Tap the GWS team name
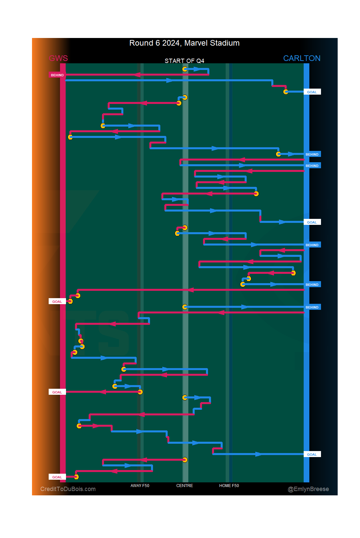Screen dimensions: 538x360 tap(58, 58)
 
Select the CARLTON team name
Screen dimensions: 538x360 tap(302, 58)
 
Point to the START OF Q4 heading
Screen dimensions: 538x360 tap(184, 61)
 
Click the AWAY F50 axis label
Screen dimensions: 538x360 tap(140, 486)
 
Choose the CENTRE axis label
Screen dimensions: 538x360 tap(185, 486)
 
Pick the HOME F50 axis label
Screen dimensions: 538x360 tap(229, 486)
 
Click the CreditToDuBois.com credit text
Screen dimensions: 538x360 tap(68, 489)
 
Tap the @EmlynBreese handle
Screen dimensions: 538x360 tap(308, 489)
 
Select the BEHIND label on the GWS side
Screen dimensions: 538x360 tap(57, 75)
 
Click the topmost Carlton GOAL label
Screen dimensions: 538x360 tap(312, 92)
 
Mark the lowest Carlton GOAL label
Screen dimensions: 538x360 tap(312, 454)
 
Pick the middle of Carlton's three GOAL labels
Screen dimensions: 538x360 tap(312, 222)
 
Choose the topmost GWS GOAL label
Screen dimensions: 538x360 tap(57, 301)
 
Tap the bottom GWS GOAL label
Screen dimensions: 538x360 tap(57, 477)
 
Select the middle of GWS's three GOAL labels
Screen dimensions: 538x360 tap(57, 392)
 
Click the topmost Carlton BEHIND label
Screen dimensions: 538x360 tap(312, 154)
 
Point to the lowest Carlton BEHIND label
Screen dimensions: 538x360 tap(312, 307)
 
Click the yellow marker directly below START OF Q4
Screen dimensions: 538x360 tap(185, 69)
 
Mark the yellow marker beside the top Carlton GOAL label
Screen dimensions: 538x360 tap(286, 92)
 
